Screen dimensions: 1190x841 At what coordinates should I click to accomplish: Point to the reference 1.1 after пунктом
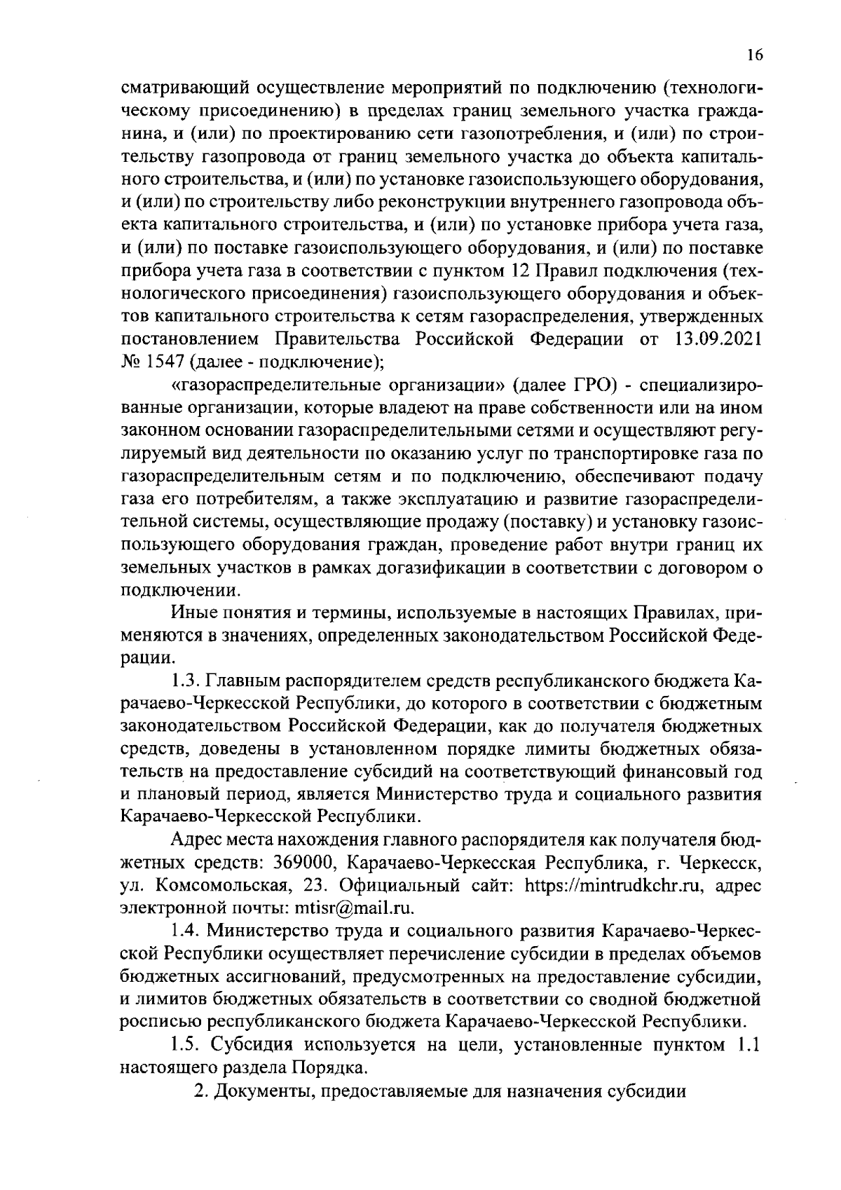pyautogui.click(x=746, y=1046)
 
